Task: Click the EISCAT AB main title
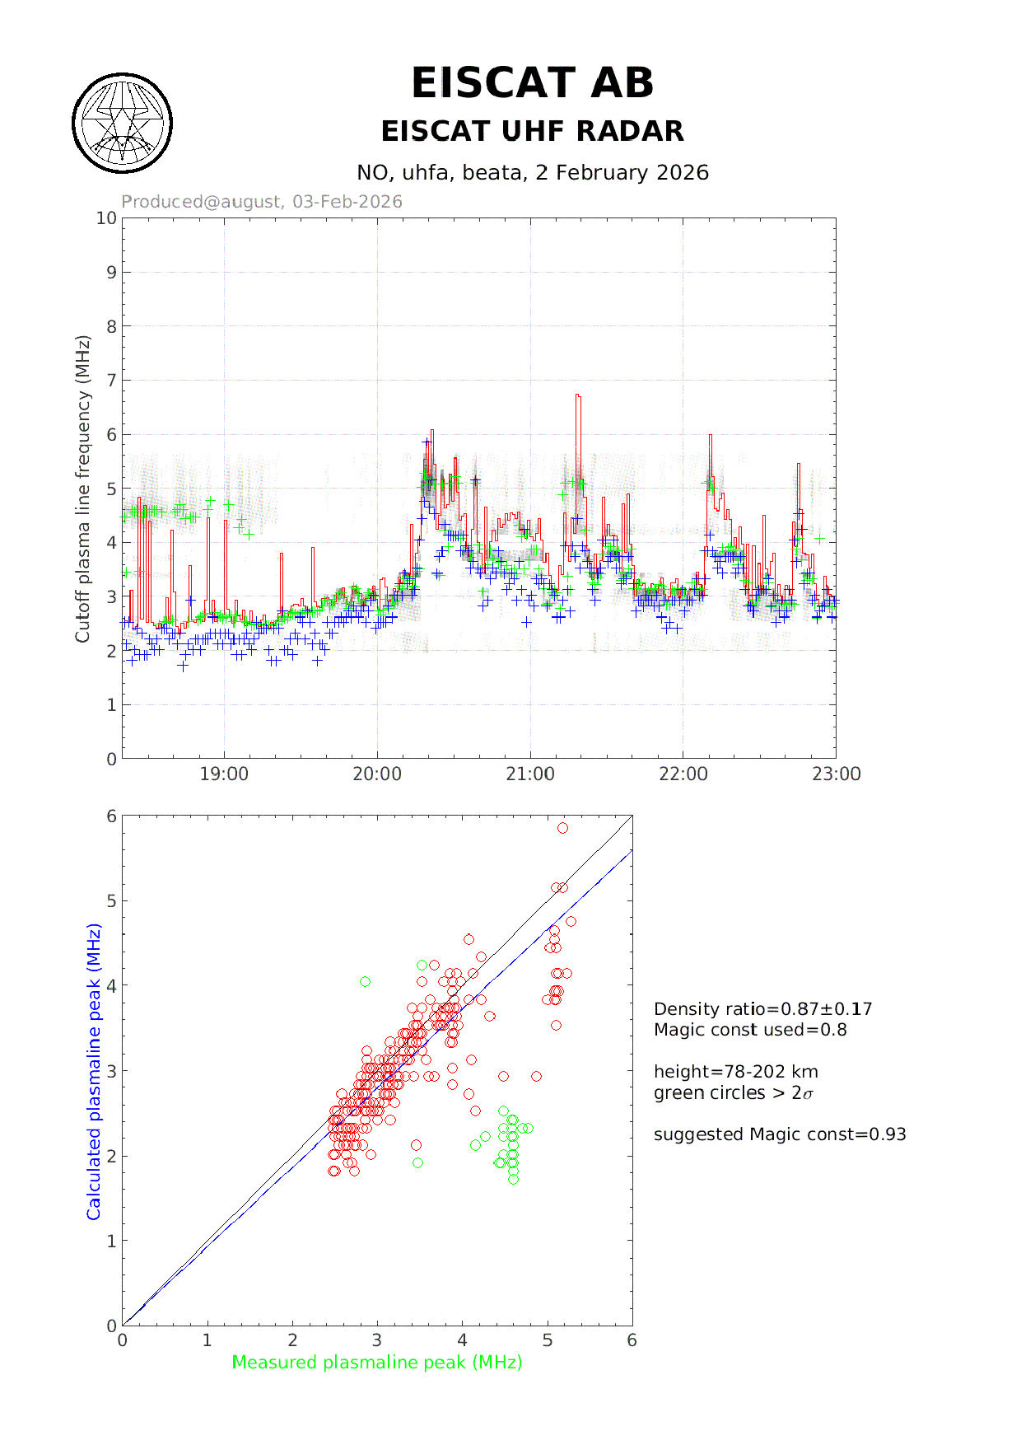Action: coord(532,83)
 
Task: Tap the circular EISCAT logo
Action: coord(123,124)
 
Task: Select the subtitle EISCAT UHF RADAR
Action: coord(532,131)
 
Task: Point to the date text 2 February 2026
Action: coord(622,173)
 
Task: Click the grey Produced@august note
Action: coord(262,202)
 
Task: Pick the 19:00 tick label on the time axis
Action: coord(224,774)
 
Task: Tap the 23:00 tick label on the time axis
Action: coord(836,774)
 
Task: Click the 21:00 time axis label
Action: coord(530,774)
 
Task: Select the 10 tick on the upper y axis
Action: coord(106,218)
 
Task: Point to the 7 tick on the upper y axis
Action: coord(111,381)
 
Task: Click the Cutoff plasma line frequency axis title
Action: coord(82,489)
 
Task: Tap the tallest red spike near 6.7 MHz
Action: coord(578,396)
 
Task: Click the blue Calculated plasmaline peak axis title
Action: coord(94,1071)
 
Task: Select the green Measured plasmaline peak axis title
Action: coord(377,1363)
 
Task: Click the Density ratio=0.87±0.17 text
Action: coord(762,1009)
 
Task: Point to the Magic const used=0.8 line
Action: coord(750,1030)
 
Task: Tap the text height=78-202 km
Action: coord(736,1072)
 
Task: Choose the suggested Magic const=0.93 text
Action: coord(780,1134)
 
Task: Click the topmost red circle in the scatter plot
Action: coord(562,828)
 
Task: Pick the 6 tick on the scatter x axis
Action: coord(632,1340)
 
